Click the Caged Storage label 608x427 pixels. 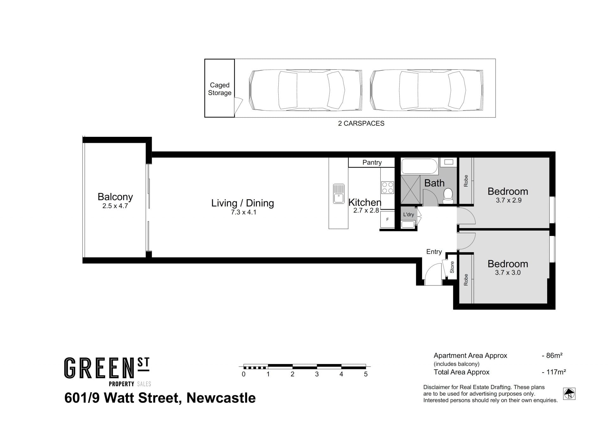(219, 89)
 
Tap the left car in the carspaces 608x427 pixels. (306, 90)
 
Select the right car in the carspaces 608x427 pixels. (427, 90)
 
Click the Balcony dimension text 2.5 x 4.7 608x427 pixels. (115, 206)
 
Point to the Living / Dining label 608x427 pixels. (243, 203)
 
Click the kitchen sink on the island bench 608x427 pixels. (339, 194)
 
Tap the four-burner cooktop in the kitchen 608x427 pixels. (387, 187)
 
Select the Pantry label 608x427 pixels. (372, 163)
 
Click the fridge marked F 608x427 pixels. (387, 219)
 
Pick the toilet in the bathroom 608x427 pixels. (448, 196)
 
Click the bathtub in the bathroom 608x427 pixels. (420, 166)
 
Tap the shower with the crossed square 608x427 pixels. (410, 189)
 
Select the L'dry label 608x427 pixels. (408, 214)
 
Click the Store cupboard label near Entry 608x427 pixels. (452, 267)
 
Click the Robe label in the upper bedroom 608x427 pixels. (466, 181)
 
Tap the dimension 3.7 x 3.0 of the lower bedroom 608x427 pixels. (508, 273)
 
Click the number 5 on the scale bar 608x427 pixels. (366, 374)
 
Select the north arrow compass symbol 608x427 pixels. (569, 394)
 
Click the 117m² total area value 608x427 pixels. (556, 372)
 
